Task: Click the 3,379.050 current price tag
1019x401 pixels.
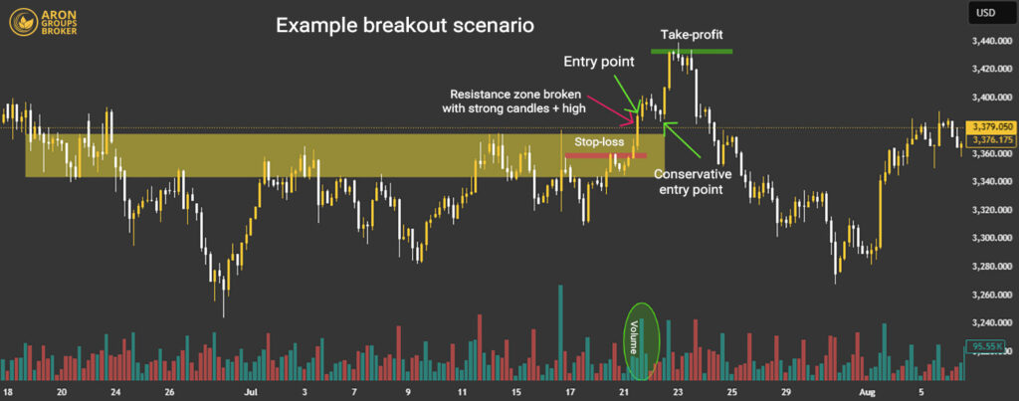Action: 990,127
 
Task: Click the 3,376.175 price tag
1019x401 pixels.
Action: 990,140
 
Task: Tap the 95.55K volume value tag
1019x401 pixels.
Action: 989,345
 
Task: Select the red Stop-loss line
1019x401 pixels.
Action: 605,155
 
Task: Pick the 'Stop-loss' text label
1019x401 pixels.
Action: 600,142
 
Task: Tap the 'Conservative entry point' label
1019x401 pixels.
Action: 694,179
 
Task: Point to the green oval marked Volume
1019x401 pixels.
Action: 643,340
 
